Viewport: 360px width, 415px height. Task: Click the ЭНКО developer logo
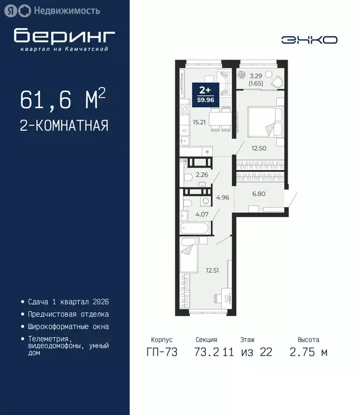point(309,39)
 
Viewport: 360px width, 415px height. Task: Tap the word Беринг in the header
point(64,36)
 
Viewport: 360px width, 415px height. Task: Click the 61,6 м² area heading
point(63,100)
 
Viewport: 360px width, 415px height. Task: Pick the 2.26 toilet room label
point(202,175)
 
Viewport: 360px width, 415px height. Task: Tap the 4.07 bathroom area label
point(202,215)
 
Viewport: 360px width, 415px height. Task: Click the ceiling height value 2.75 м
point(309,352)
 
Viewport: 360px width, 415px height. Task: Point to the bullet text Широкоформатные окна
point(68,326)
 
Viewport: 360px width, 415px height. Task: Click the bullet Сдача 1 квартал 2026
point(68,302)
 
